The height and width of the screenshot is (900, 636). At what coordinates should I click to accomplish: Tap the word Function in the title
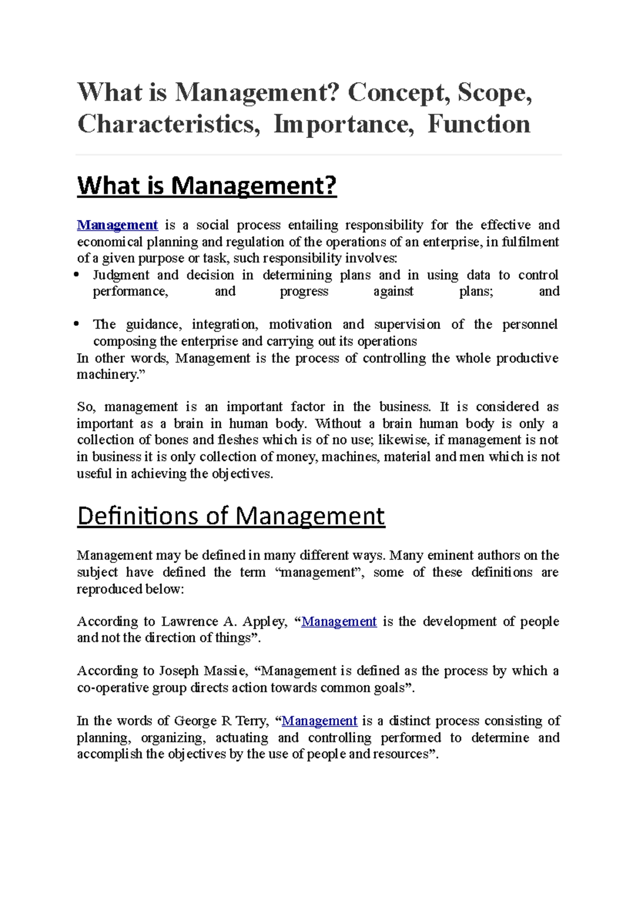[x=479, y=125]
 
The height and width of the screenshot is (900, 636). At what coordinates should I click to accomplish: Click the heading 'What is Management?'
[x=207, y=186]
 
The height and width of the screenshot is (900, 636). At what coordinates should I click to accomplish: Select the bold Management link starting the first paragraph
[x=117, y=225]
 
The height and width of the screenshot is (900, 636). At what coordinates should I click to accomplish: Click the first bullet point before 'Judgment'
[x=77, y=275]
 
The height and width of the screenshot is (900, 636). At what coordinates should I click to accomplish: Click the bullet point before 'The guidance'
[x=77, y=324]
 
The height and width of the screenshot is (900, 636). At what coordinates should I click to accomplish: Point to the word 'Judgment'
[x=121, y=275]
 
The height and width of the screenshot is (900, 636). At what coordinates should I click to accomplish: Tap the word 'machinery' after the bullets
[x=108, y=375]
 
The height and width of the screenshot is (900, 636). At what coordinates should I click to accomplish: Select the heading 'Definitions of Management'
[x=231, y=516]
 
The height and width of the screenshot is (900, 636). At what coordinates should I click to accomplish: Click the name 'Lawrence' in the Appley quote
[x=189, y=622]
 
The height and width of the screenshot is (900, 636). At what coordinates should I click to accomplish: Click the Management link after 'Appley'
[x=339, y=622]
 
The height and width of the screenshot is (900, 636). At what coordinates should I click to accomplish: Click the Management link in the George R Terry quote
[x=320, y=721]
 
